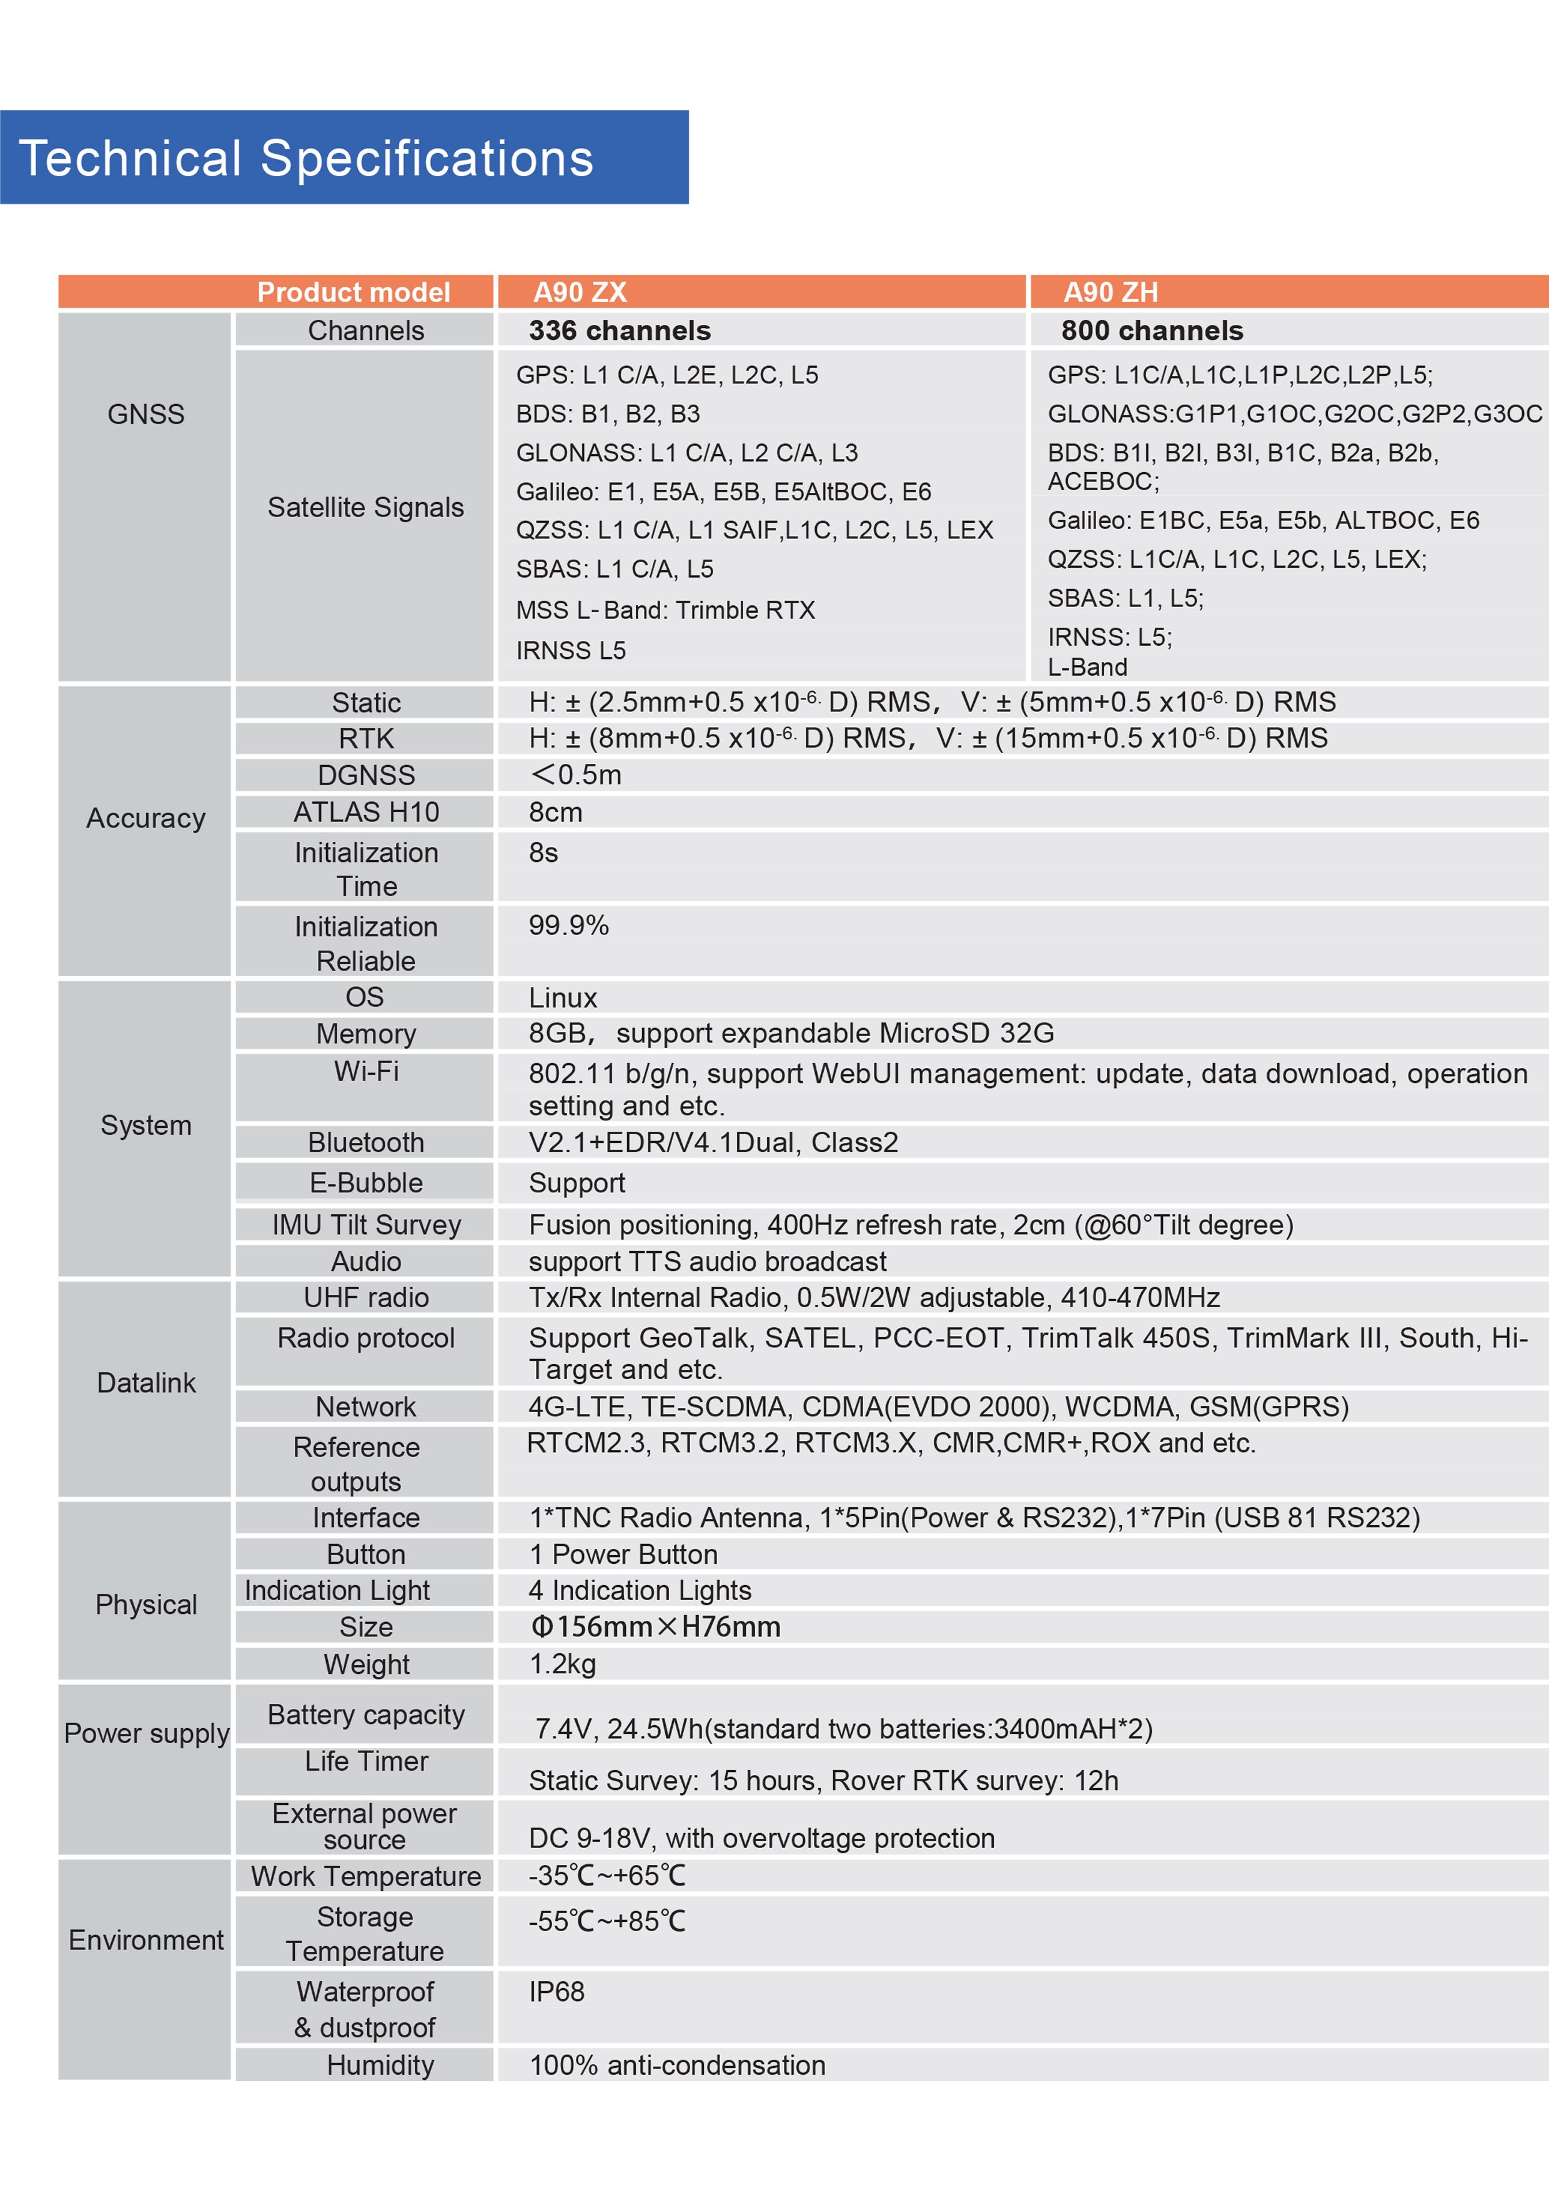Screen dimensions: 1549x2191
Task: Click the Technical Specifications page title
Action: pos(306,159)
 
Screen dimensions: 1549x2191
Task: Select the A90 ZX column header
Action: pos(580,292)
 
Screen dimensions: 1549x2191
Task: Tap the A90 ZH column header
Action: pos(1110,292)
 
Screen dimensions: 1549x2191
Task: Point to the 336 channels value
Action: pos(620,330)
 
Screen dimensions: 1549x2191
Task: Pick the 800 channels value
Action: pos(1151,330)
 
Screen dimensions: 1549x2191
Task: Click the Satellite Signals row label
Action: pos(365,508)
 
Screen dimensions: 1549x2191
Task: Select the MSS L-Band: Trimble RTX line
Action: pos(665,610)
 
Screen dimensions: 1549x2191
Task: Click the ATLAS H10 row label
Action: pos(365,812)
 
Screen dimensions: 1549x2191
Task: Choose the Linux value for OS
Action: pos(562,998)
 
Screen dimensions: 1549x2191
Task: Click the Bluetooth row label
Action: pos(365,1142)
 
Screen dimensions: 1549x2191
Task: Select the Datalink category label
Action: pos(146,1383)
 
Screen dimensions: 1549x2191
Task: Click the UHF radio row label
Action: pos(365,1298)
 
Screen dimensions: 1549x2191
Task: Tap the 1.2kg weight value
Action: pos(562,1664)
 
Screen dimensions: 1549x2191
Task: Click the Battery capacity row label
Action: pos(365,1715)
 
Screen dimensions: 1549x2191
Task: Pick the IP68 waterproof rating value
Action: pos(557,1992)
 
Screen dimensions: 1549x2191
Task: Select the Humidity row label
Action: pos(380,2065)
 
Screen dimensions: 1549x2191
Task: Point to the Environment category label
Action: pos(146,1940)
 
